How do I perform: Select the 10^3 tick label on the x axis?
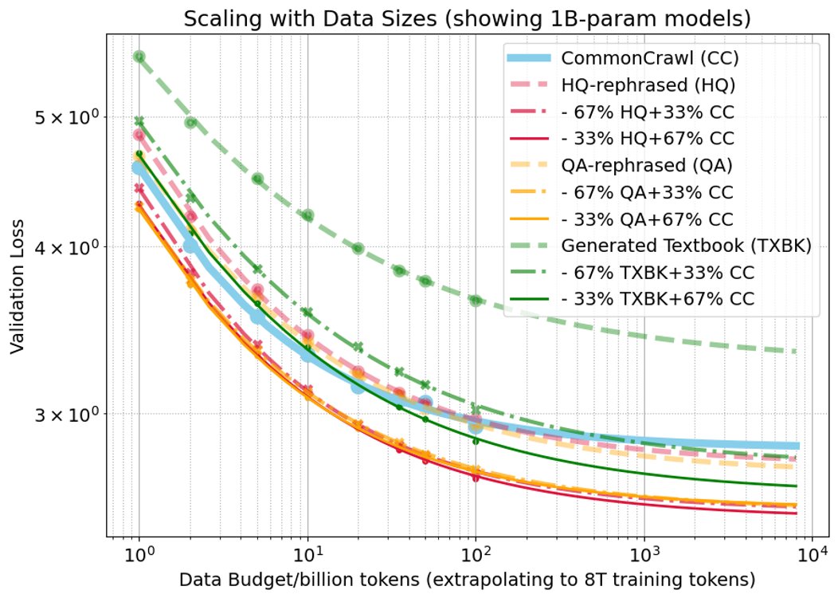(644, 553)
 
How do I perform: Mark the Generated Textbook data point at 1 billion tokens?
(139, 57)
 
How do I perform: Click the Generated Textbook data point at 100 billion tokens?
(476, 301)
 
